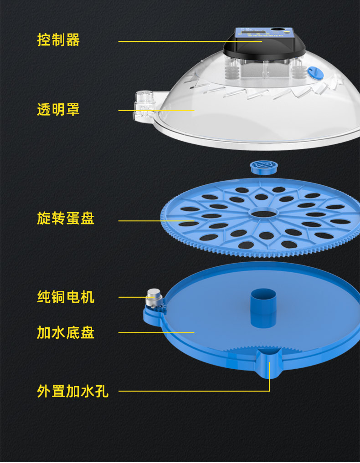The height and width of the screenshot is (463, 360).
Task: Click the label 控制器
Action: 58,40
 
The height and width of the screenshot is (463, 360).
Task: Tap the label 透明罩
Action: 58,110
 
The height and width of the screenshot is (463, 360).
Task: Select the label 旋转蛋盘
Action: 66,219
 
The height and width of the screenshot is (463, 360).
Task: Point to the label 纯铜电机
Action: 66,297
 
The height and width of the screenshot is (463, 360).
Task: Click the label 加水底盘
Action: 66,332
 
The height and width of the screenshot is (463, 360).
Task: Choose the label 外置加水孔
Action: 73,391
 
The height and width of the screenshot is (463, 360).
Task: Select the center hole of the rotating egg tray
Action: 264,213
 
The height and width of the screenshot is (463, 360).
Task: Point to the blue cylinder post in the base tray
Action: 263,307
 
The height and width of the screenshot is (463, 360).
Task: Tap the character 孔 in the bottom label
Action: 102,391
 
